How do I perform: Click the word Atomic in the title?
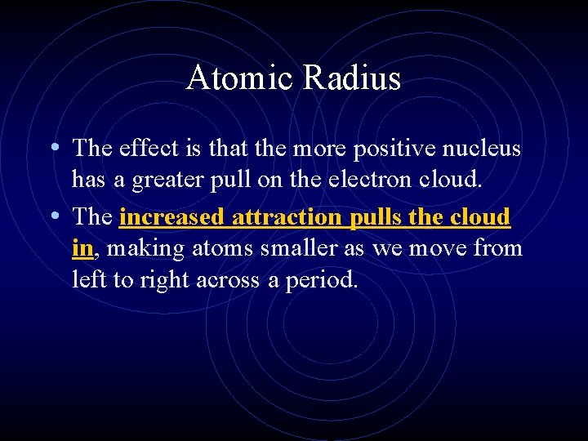[241, 78]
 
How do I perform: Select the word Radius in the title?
[353, 78]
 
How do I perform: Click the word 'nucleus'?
[482, 149]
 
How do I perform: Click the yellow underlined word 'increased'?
[172, 218]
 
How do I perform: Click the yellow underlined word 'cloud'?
[481, 218]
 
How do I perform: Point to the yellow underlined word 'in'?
[82, 247]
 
